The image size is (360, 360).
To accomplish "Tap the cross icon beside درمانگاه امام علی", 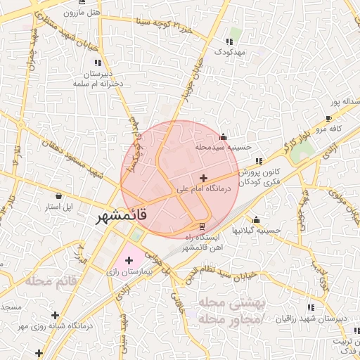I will [204, 178].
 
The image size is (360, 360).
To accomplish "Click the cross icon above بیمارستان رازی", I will [129, 260].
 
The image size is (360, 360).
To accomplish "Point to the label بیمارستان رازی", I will [129, 271].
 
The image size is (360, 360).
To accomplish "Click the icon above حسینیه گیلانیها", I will [256, 219].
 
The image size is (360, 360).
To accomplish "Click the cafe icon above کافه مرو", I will [328, 118].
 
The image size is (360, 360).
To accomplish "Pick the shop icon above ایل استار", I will [59, 196].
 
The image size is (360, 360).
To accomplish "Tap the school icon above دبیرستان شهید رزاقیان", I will [311, 307].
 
